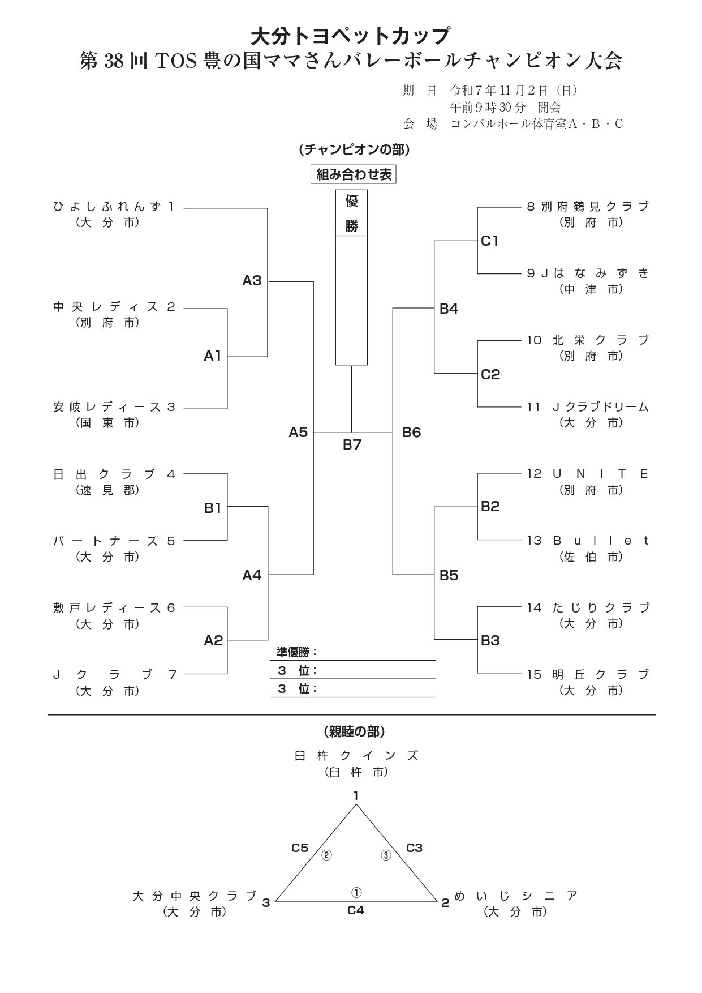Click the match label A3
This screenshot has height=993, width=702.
pyautogui.click(x=252, y=281)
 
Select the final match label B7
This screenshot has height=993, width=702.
pyautogui.click(x=352, y=445)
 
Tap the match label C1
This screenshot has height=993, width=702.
pyautogui.click(x=490, y=241)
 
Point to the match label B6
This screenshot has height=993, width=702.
pyautogui.click(x=411, y=433)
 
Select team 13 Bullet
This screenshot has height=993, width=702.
pyautogui.click(x=588, y=541)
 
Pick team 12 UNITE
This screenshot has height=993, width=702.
pyautogui.click(x=588, y=474)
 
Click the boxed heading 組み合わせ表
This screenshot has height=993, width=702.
pyautogui.click(x=354, y=175)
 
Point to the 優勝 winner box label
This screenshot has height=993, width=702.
pyautogui.click(x=351, y=213)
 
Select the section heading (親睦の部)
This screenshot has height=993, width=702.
pyautogui.click(x=354, y=732)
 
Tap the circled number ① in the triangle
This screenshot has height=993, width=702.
pyautogui.click(x=356, y=893)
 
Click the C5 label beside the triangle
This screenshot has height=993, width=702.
pyautogui.click(x=300, y=848)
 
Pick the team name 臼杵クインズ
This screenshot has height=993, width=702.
pyautogui.click(x=356, y=756)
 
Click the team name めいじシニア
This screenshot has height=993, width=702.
pyautogui.click(x=515, y=896)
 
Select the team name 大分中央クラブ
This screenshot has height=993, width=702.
pyautogui.click(x=195, y=896)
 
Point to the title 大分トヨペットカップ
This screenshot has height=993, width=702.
pyautogui.click(x=351, y=36)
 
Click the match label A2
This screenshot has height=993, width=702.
pyautogui.click(x=213, y=641)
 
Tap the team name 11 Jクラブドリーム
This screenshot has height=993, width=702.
pyautogui.click(x=588, y=407)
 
